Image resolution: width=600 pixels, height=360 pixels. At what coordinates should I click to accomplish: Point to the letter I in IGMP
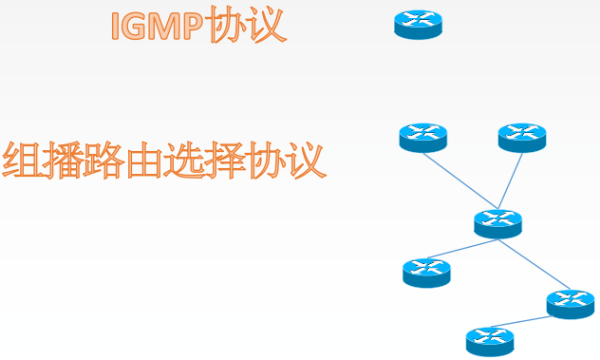(116, 26)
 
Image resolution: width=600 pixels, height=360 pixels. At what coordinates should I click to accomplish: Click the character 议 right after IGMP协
(268, 26)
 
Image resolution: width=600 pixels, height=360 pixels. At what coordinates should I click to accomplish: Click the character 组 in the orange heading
(21, 160)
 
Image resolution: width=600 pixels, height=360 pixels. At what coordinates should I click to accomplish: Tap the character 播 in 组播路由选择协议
(62, 160)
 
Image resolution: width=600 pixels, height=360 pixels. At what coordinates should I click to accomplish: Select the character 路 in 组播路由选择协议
(103, 160)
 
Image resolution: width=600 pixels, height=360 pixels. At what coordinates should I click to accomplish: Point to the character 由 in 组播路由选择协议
(143, 161)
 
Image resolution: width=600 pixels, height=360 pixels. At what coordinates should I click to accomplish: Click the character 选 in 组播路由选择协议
(183, 161)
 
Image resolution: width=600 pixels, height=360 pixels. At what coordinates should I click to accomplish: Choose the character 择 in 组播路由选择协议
(224, 161)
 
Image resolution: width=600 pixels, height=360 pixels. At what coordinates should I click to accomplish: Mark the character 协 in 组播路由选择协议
(265, 161)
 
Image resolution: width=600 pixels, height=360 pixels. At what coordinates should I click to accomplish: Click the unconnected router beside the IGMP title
(419, 25)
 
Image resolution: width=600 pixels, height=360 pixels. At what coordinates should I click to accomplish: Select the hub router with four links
(497, 224)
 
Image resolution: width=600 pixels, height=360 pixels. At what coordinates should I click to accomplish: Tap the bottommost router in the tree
(490, 342)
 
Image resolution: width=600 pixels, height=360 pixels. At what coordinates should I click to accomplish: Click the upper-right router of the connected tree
(522, 138)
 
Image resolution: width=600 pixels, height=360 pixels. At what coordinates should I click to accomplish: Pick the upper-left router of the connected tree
(422, 138)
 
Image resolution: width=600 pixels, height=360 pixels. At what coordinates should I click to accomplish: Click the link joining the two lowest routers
(521, 322)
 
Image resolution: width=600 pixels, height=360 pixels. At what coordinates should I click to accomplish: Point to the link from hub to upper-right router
(510, 181)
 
